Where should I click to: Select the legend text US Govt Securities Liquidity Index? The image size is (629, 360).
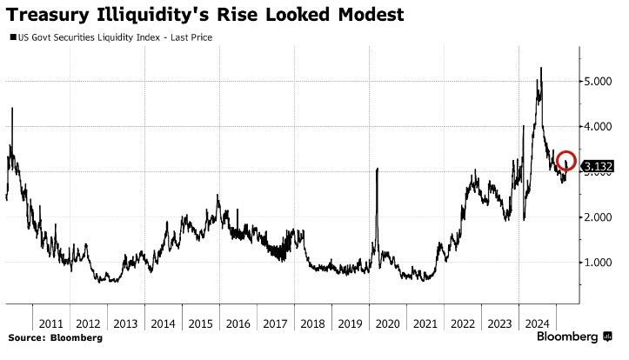(x=82, y=37)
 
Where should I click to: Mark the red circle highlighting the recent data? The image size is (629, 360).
(x=566, y=162)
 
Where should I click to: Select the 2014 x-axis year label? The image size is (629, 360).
(x=162, y=322)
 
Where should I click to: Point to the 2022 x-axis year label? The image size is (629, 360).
(x=462, y=322)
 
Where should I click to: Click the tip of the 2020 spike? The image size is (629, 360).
(x=378, y=169)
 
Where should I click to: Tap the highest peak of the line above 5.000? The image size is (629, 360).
(x=542, y=68)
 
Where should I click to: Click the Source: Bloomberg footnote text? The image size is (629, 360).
(x=55, y=337)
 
